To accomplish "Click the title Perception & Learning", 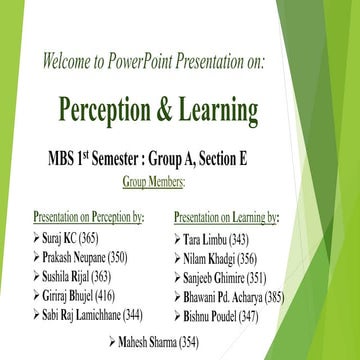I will (x=158, y=107).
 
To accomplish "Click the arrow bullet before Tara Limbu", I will (x=179, y=240).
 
